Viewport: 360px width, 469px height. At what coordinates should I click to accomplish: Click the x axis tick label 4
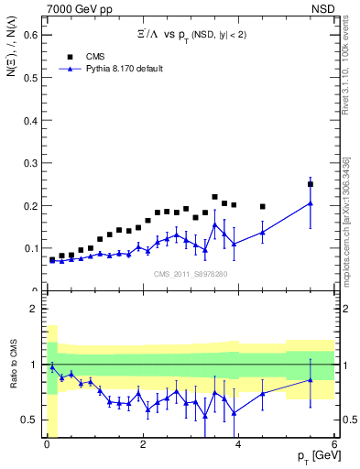(238, 444)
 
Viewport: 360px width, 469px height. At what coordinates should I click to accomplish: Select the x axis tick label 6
(334, 444)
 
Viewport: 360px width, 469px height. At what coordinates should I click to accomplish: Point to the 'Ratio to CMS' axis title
(13, 383)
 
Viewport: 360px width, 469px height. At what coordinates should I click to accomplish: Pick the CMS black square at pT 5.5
(311, 184)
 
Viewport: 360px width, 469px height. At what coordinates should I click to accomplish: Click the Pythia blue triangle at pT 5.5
(311, 203)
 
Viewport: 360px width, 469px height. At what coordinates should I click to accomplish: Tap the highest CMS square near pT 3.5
(214, 197)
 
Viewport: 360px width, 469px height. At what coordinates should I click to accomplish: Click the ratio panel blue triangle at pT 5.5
(311, 379)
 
